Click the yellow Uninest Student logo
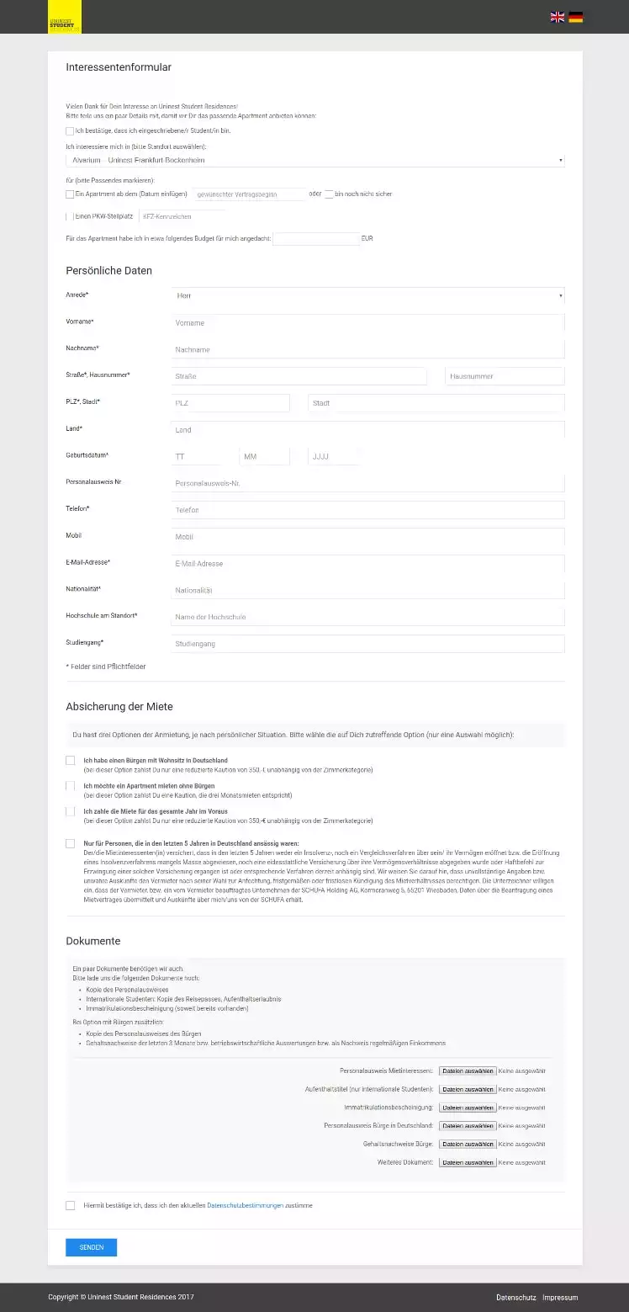64,17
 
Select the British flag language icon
558,17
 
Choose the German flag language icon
576,17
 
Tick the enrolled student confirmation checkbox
70,131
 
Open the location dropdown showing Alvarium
315,160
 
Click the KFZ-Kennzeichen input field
177,217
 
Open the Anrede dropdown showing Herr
367,295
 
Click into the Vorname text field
367,323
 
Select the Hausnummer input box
505,376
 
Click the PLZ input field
230,403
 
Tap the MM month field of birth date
264,457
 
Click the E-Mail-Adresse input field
367,564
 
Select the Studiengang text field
367,644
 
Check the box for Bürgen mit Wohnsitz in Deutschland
70,761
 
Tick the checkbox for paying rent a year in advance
70,811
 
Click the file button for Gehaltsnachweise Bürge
468,1145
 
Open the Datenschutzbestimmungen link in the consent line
245,1206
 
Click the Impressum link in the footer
560,1298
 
